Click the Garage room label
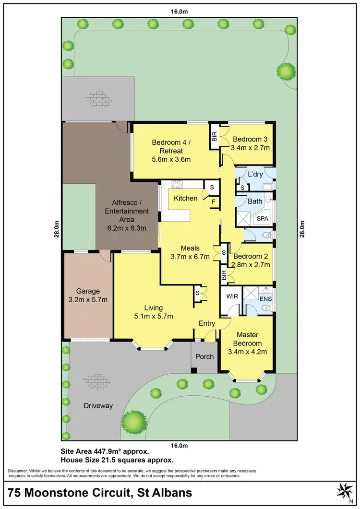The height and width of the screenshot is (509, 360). (x=88, y=291)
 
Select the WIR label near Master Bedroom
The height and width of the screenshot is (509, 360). (x=232, y=297)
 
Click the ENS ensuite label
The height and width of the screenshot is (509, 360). (x=265, y=299)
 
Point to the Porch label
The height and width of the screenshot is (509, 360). (x=204, y=357)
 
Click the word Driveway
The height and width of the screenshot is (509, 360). (x=98, y=406)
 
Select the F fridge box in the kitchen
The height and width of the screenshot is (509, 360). (x=214, y=202)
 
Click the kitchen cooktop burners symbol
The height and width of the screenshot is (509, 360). (x=176, y=183)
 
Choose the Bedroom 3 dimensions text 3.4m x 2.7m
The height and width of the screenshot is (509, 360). (x=251, y=148)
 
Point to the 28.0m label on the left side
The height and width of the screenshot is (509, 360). (x=56, y=228)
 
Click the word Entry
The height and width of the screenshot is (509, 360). (x=207, y=323)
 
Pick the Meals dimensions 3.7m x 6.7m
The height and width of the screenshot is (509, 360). (x=191, y=257)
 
